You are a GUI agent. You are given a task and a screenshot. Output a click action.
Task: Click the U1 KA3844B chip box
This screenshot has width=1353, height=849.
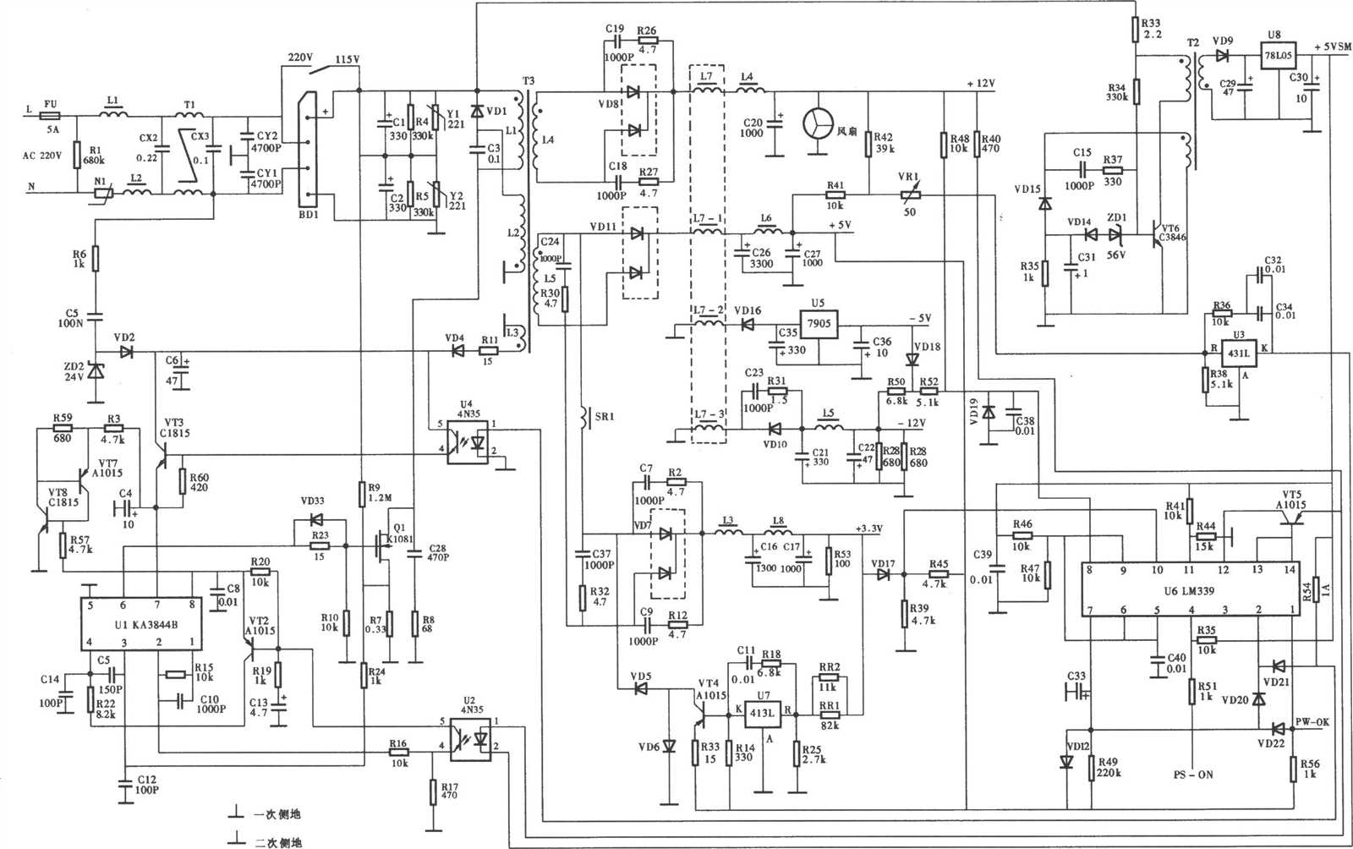pyautogui.click(x=142, y=624)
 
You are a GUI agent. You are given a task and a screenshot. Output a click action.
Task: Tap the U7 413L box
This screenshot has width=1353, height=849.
pyautogui.click(x=762, y=713)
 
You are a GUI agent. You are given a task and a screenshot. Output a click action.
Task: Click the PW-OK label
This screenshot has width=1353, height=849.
pyautogui.click(x=1312, y=722)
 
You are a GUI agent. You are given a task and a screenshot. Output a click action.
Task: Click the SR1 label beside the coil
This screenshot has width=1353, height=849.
pyautogui.click(x=605, y=417)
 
